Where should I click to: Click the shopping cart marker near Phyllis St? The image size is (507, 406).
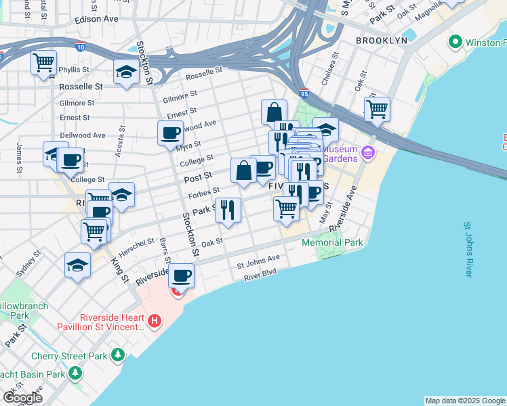(x=43, y=64)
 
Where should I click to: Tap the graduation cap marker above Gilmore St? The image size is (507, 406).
(x=126, y=72)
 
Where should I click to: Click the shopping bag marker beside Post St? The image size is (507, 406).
(x=243, y=171)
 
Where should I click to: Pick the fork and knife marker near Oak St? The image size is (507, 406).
(x=228, y=210)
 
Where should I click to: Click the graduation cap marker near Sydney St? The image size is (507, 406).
(x=78, y=265)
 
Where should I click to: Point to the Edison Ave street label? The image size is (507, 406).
(x=98, y=20)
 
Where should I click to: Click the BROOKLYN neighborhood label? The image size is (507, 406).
(x=382, y=41)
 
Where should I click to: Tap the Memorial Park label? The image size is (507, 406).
(x=332, y=242)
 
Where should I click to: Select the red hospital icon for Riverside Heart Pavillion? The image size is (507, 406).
(x=155, y=320)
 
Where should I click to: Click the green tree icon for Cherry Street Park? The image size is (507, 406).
(x=119, y=354)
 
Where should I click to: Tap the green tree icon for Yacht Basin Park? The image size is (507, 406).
(x=75, y=373)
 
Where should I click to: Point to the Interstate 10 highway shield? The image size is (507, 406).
(x=81, y=48)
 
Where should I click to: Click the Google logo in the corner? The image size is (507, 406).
(x=22, y=397)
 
